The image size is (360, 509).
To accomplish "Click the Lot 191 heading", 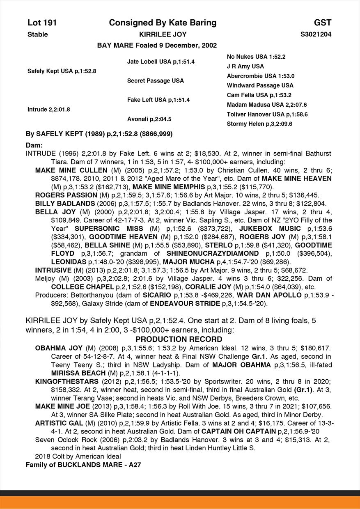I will point(42,23).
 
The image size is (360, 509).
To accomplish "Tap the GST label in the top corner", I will point(323,23).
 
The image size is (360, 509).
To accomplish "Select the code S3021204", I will point(316,34).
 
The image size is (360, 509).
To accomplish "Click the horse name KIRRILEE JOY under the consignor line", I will point(163,34).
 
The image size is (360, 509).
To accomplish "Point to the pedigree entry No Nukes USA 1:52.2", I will point(256,57).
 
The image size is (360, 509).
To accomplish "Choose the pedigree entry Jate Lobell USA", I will point(161,62).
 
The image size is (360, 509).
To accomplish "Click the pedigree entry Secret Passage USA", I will point(156,81).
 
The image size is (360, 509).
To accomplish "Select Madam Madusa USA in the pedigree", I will point(267,105).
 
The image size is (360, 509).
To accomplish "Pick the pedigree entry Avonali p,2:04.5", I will point(149,119).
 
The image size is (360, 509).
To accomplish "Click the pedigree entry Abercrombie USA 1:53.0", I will point(261,76).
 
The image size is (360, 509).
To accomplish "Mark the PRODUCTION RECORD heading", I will point(179,339).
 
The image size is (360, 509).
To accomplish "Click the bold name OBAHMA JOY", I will point(59,348).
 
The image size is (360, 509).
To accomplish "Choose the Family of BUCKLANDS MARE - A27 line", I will point(84,465).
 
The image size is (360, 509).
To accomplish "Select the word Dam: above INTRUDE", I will point(34,145).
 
